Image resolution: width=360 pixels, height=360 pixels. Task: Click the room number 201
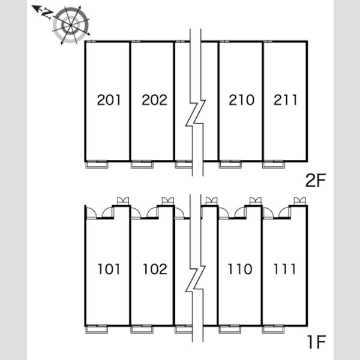pyautogui.click(x=109, y=100)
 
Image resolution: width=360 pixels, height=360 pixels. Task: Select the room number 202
pyautogui.click(x=155, y=100)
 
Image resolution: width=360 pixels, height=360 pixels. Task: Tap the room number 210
pyautogui.click(x=242, y=100)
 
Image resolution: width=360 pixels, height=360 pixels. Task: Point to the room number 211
pyautogui.click(x=286, y=100)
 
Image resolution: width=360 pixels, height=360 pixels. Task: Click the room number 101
pyautogui.click(x=109, y=269)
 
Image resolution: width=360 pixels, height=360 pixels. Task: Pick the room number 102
pyautogui.click(x=155, y=269)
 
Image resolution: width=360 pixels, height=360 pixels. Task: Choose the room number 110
pyautogui.click(x=240, y=269)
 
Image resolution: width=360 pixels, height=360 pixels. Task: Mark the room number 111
pyautogui.click(x=284, y=269)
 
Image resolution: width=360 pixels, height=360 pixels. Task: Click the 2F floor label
pyautogui.click(x=316, y=180)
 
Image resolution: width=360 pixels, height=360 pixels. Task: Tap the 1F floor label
pyautogui.click(x=317, y=341)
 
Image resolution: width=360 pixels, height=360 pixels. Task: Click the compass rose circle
pyautogui.click(x=71, y=25)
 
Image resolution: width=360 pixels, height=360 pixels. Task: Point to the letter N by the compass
pyautogui.click(x=47, y=14)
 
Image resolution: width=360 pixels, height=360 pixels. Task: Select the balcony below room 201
pyautogui.click(x=97, y=164)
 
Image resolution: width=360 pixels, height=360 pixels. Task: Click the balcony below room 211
pyautogui.click(x=274, y=164)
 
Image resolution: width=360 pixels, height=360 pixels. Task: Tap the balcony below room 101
pyautogui.click(x=97, y=329)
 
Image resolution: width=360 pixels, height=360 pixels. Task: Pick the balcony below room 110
pyautogui.click(x=230, y=329)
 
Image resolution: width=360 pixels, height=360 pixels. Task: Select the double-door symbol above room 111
pyautogui.click(x=300, y=201)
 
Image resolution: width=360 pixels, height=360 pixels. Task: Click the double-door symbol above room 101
pyautogui.click(x=123, y=201)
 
